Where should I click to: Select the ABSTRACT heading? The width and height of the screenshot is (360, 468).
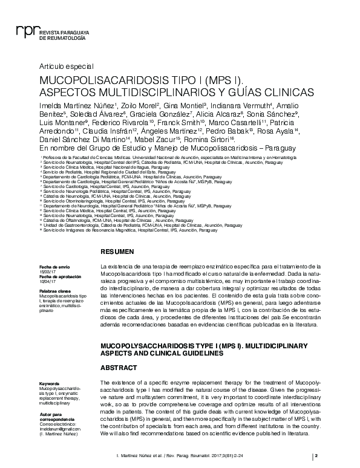117,367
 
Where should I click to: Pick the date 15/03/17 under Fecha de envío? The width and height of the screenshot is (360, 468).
47,271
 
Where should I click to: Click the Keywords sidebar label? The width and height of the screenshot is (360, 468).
49,383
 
